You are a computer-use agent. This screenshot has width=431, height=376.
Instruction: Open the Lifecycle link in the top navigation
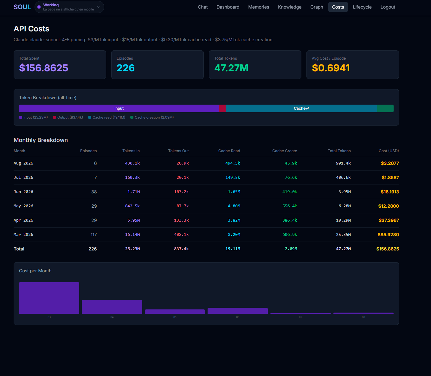pos(362,7)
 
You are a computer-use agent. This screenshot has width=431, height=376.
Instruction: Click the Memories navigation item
pos(259,7)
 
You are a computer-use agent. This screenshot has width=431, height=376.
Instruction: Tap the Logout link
pos(388,7)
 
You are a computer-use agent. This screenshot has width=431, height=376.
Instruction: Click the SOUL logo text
pos(22,7)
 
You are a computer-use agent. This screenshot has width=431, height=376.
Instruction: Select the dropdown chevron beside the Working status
pos(98,7)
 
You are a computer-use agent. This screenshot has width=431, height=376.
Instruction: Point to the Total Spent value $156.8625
pos(44,68)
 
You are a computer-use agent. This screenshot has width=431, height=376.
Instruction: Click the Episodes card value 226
pos(125,68)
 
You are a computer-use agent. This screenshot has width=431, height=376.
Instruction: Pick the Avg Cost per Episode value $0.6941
pos(331,68)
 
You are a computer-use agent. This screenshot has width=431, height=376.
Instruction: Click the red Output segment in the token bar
pos(222,108)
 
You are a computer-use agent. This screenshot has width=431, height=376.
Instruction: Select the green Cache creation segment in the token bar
pos(385,108)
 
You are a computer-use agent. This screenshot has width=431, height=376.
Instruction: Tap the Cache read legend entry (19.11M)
pos(106,117)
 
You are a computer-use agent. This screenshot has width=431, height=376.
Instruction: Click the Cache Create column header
pos(285,151)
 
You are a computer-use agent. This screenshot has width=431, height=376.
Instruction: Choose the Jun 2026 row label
pos(23,192)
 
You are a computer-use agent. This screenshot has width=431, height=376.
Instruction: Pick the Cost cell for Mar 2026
pos(388,235)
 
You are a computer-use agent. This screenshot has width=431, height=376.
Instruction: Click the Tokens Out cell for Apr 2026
pos(181,220)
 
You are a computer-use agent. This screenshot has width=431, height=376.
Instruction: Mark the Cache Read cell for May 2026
pos(234,206)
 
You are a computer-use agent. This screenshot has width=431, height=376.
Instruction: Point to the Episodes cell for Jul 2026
pos(95,178)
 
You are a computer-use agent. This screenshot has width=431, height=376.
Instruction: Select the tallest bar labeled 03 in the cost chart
pos(49,298)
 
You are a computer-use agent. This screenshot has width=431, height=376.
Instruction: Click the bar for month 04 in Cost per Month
pos(112,307)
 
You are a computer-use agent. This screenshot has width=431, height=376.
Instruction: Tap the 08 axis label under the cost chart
pos(363,317)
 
